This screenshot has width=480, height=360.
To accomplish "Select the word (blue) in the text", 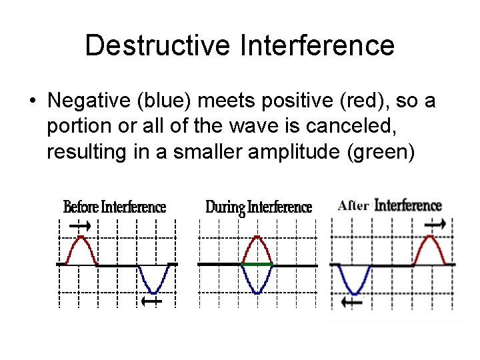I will pos(178,101).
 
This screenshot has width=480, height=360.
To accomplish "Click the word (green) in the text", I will pos(381,152).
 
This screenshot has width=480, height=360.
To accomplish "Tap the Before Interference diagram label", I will pos(115,207).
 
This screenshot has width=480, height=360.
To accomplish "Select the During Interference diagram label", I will pos(259,207).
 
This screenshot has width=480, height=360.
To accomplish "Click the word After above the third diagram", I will pos(353,205).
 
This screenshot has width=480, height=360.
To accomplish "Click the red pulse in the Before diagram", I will pos(82,249).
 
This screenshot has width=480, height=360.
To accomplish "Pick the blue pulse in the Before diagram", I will pos(154,280).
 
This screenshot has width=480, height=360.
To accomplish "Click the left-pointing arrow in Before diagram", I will pos(152,301).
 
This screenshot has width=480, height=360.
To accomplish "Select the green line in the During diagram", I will pos(257,265).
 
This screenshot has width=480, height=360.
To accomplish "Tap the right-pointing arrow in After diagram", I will pos(435,225).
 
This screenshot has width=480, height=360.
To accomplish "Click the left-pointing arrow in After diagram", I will pos(351,303).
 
